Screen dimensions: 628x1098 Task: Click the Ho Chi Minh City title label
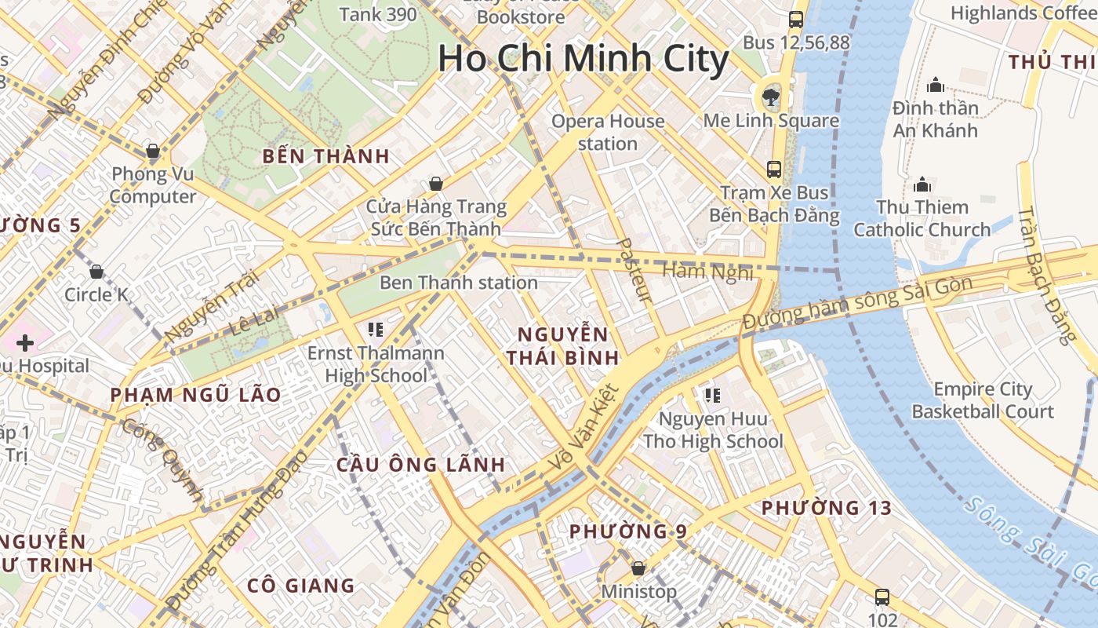583,59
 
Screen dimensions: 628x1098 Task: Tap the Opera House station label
608,132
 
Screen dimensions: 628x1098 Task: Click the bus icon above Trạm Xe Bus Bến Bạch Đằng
774,169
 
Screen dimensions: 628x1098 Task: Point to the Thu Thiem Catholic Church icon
922,184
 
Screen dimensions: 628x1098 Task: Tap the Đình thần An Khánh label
935,119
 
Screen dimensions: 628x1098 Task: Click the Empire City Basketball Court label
994,400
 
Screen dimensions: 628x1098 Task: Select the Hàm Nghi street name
707,272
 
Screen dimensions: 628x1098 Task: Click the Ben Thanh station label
459,283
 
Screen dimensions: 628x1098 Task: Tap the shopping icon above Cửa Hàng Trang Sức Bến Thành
436,184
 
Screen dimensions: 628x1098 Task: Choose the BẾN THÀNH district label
326,155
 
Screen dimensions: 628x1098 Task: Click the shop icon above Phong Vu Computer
153,150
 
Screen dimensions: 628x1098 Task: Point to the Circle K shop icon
96,272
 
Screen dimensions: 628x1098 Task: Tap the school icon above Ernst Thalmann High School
376,329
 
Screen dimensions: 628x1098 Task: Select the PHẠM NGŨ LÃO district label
195,395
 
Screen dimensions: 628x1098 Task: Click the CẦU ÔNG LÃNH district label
421,464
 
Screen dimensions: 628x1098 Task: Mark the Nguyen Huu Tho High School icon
712,395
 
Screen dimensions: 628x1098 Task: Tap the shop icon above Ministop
638,568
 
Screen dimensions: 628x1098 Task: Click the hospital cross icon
25,343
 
